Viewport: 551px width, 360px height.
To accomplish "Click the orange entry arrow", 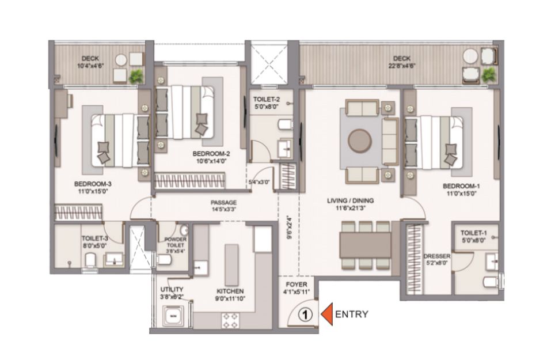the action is pos(327,314).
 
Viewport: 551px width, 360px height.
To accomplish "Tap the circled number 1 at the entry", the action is pos(305,314).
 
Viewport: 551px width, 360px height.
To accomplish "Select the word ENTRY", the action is pos(352,314).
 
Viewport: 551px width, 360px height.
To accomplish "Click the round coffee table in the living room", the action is pos(359,141).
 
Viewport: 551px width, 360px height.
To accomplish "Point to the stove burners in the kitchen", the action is pos(230,320).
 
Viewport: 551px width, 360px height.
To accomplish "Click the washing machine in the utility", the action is pos(173,316).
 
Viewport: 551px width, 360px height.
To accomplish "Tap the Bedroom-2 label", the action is pos(211,154).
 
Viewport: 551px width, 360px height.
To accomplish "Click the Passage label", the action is pos(223,203).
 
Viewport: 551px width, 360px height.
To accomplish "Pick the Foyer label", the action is pos(297,285).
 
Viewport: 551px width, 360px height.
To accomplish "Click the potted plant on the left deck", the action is pos(136,77).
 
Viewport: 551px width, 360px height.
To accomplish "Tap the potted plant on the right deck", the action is pos(488,75).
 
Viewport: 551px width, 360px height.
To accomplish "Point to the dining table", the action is pos(365,245).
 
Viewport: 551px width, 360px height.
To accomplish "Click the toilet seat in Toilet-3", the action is pos(90,260).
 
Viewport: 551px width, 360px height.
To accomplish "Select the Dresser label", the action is pos(437,256).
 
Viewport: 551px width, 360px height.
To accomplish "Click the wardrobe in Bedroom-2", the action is pos(190,181).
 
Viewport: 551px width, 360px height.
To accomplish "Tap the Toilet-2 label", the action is pos(267,100).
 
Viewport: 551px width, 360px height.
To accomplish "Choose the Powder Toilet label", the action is pos(176,242).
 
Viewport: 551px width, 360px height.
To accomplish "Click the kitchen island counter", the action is pos(231,265).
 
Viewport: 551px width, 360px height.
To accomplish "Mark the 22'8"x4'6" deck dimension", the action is pos(402,66).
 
